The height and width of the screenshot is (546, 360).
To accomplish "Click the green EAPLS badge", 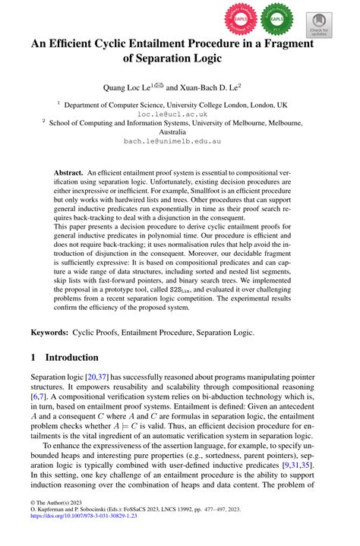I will [276, 17].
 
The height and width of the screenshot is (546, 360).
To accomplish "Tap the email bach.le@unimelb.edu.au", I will [180, 140].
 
